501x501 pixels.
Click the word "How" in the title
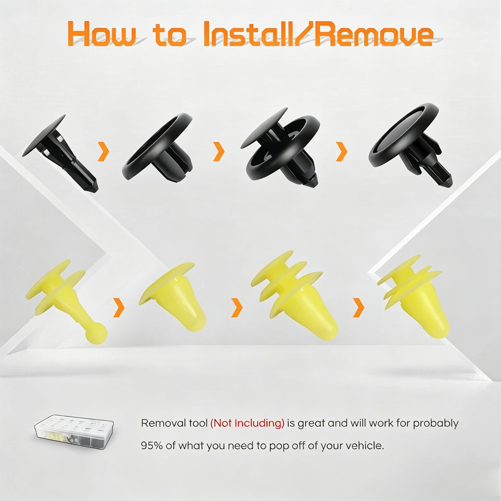102,34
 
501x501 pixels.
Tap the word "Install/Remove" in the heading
318,34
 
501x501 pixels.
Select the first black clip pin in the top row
60,153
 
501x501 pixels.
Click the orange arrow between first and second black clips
104,151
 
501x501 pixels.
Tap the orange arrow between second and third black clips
219,151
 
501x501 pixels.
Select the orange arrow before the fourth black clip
342,151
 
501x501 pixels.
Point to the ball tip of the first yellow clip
96,333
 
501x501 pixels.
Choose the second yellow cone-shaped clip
172,297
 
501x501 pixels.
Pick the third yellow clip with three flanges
294,295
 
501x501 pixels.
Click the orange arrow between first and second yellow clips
119,308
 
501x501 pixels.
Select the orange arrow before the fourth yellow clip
359,308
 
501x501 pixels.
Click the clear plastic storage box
74,432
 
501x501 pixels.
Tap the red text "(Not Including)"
247,423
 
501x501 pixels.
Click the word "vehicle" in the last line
362,445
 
